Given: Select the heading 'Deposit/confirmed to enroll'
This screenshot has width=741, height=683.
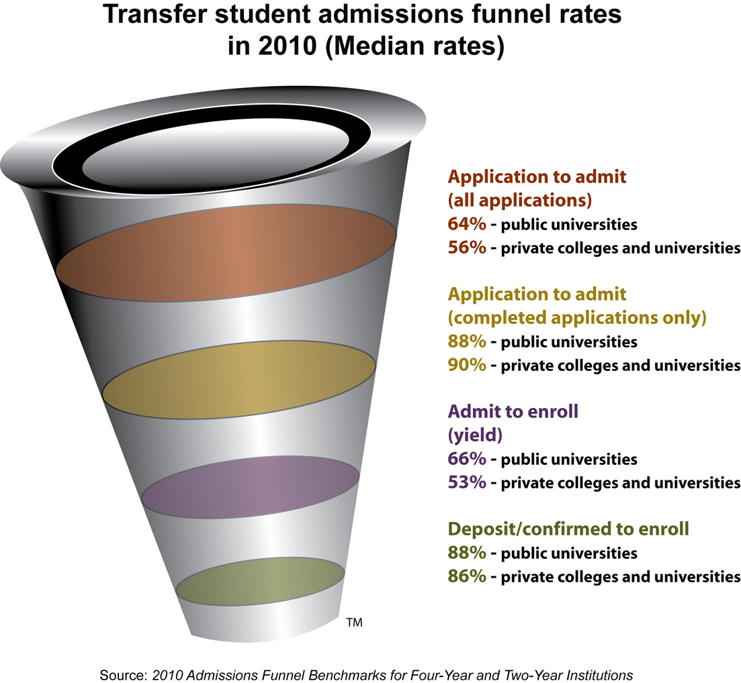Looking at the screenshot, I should (x=568, y=529).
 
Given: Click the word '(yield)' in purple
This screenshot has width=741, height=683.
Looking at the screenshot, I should (x=475, y=435).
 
